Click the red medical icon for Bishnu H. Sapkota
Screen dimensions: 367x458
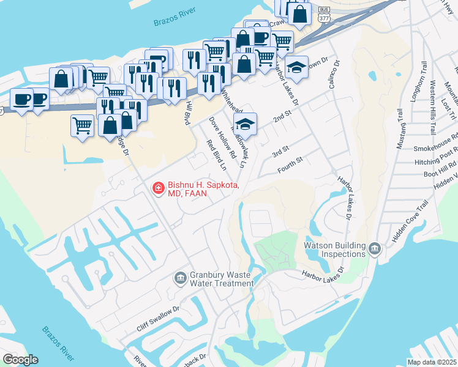tap(157, 188)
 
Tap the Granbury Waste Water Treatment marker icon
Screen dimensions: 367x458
tap(180, 278)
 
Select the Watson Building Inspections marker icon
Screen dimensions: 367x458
tap(375, 249)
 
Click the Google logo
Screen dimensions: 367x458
tap(20, 360)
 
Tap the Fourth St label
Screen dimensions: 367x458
tap(291, 161)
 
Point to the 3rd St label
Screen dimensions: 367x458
tap(280, 150)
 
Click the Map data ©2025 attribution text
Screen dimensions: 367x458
tap(432, 362)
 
